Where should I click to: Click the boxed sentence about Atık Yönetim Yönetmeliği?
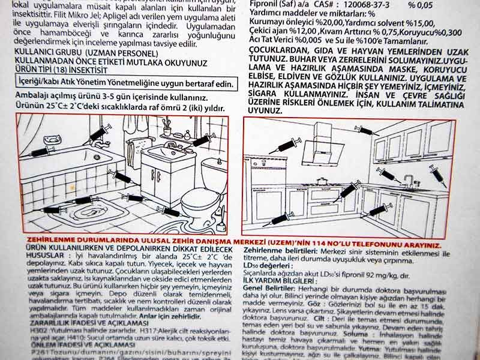click(x=124, y=83)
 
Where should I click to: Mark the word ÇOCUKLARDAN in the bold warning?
click(x=279, y=52)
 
